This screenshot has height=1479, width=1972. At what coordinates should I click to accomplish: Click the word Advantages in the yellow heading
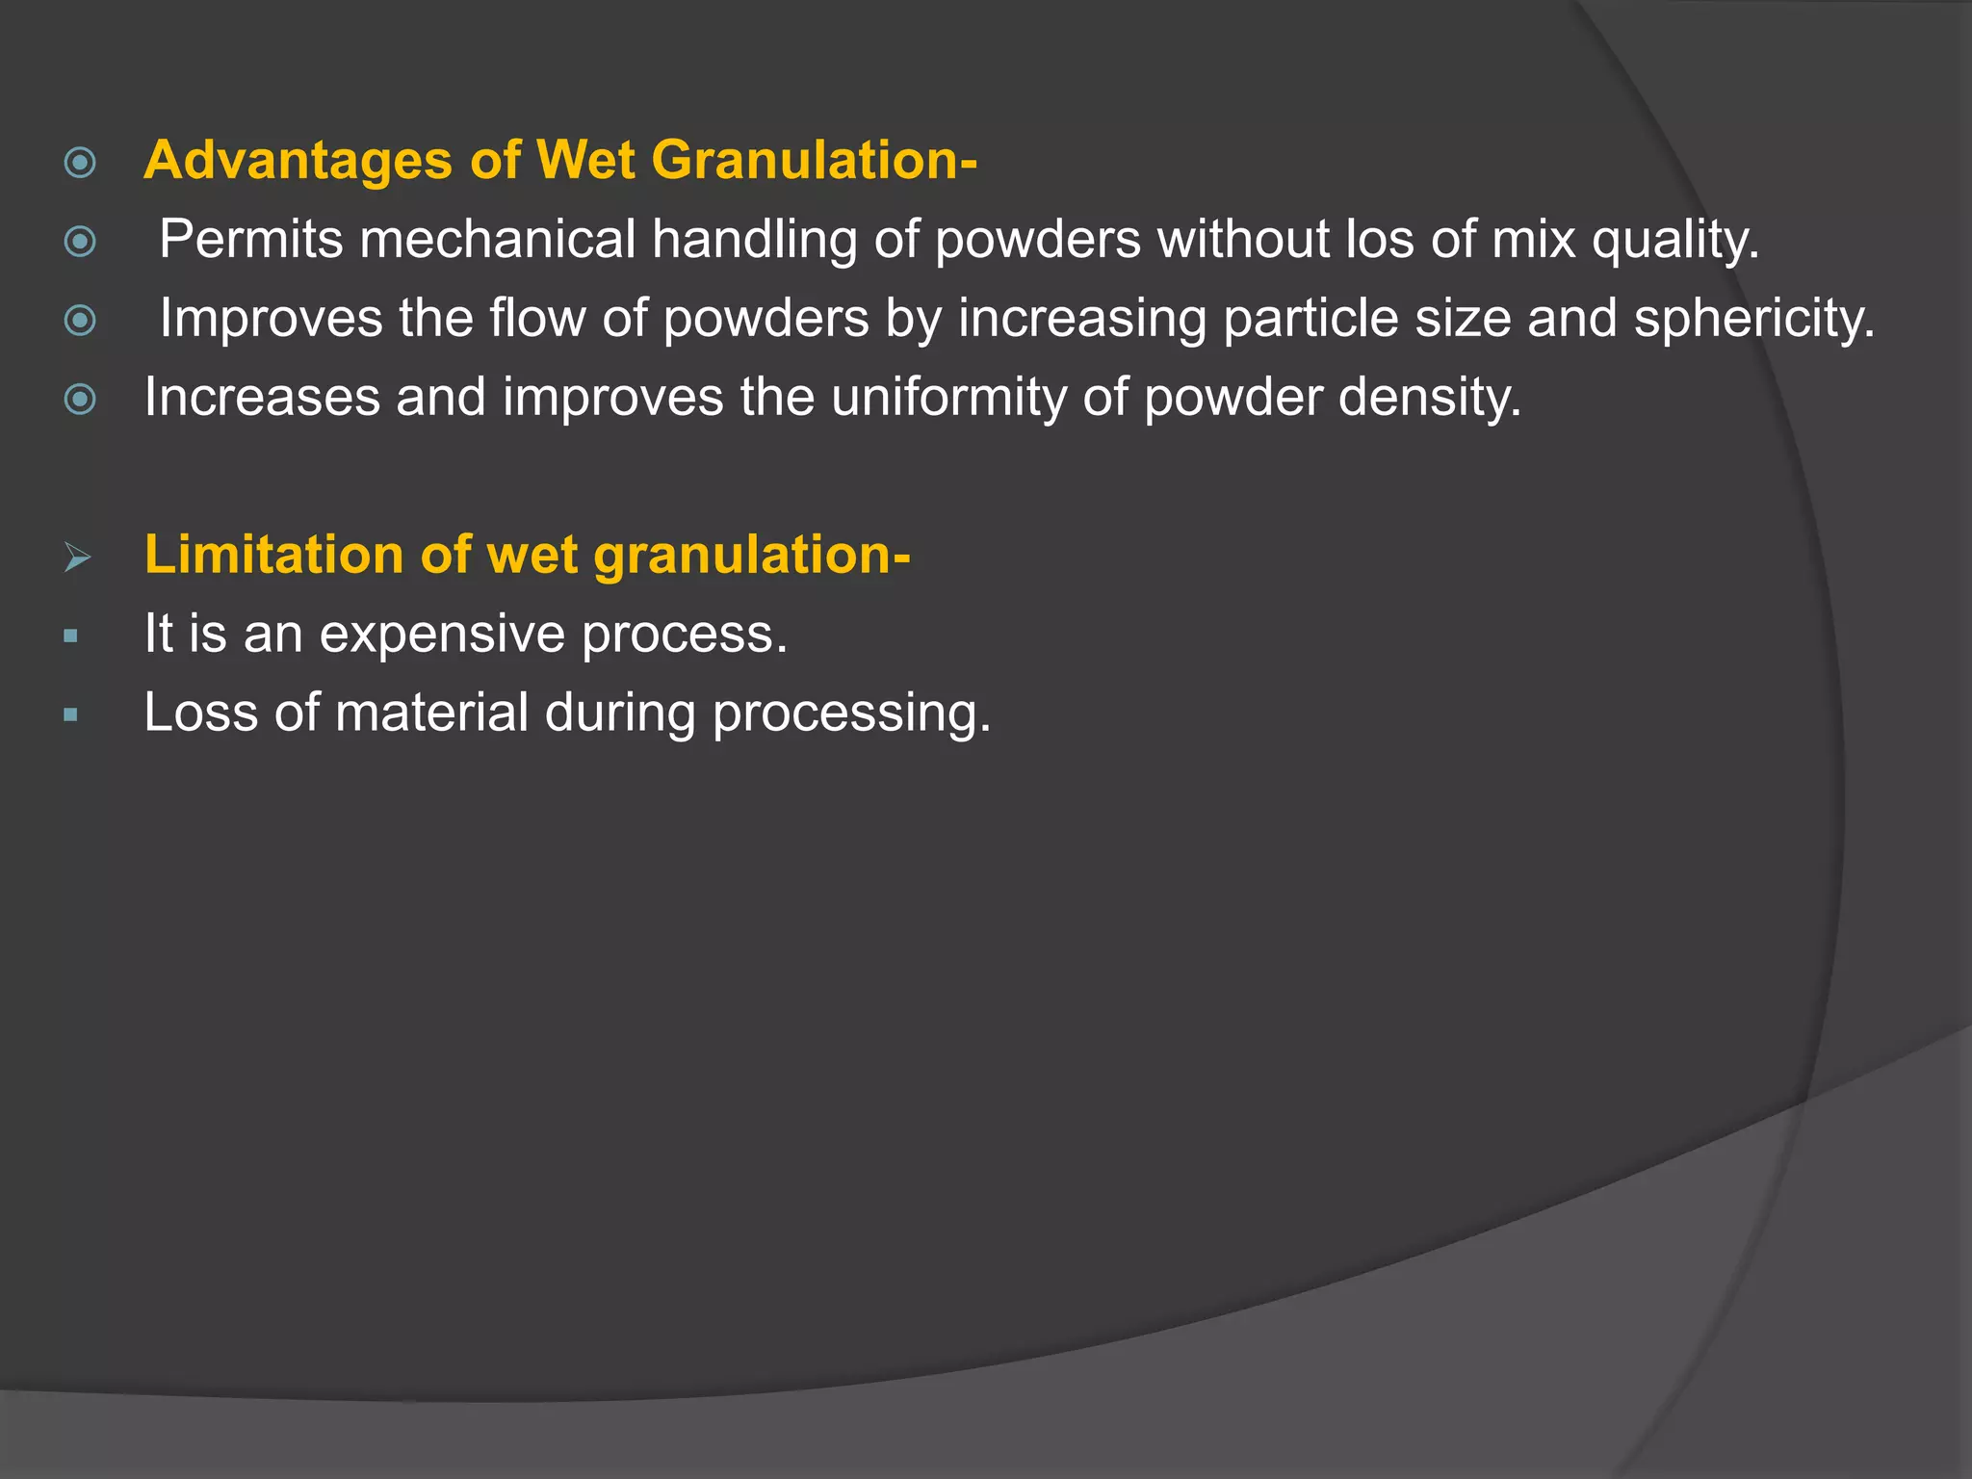pos(298,161)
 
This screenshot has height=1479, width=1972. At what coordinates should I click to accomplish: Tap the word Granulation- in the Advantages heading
pos(814,161)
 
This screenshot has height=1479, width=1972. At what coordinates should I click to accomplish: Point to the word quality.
pos(1675,241)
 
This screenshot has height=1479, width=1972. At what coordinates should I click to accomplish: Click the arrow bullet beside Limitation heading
pos(77,557)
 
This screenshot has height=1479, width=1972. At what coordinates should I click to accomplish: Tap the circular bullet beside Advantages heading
pos(80,162)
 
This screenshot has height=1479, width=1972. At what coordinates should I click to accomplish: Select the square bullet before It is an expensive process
pos(70,636)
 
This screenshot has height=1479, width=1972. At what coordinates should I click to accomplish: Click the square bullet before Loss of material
pos(70,714)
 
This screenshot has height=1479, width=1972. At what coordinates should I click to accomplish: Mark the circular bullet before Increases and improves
pos(80,399)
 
